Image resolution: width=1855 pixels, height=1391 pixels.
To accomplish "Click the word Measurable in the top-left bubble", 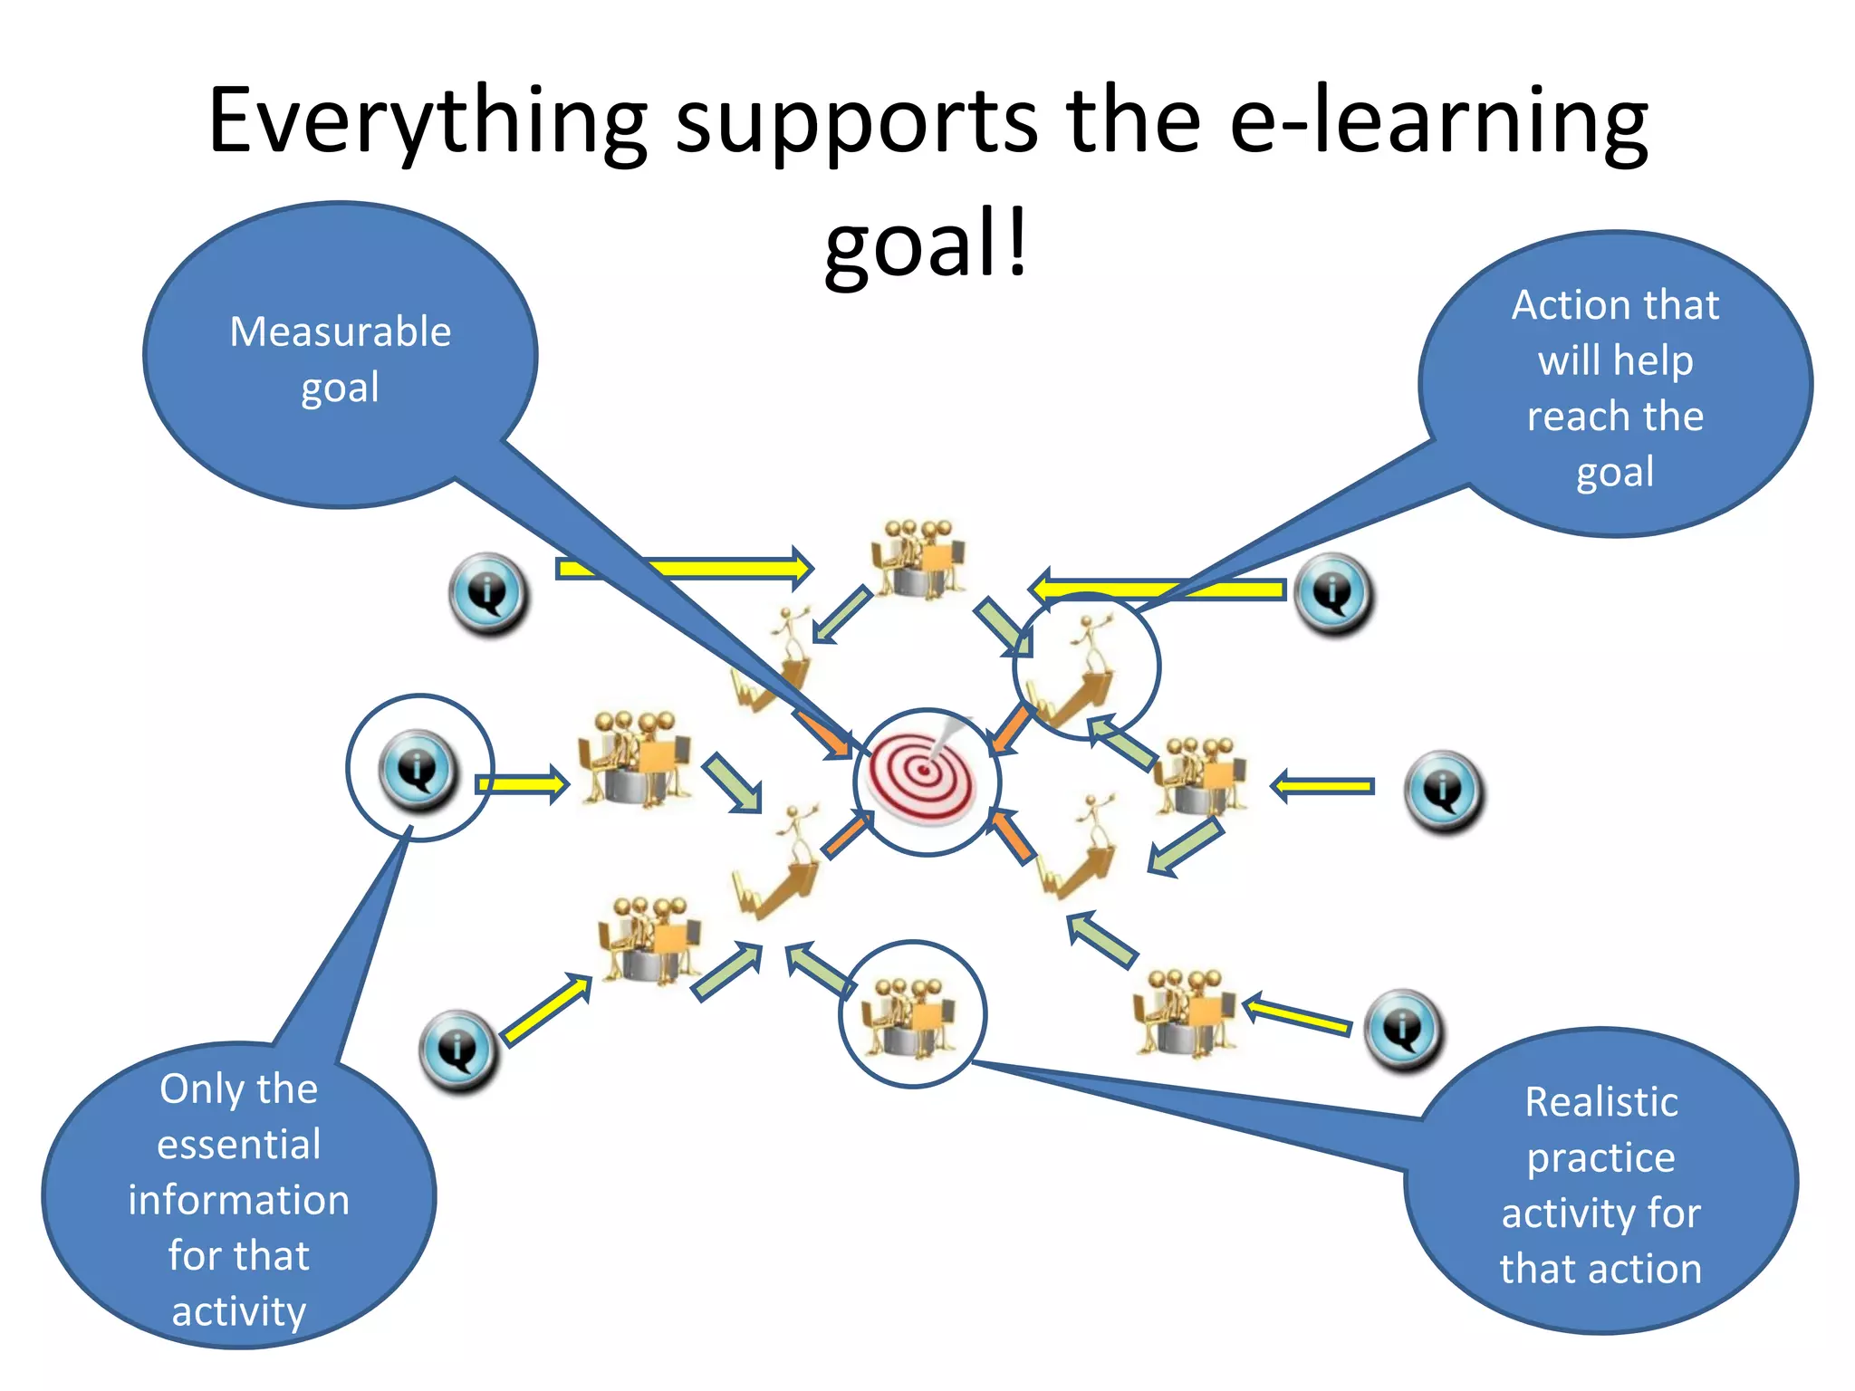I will pyautogui.click(x=340, y=331).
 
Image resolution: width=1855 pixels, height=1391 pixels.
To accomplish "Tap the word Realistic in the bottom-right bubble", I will pyautogui.click(x=1600, y=1102).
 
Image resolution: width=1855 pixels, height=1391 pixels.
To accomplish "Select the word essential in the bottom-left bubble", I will pyautogui.click(x=239, y=1145).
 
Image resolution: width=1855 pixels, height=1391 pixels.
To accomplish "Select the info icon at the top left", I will pyautogui.click(x=488, y=593).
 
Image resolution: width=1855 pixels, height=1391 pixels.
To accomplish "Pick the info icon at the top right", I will pyautogui.click(x=1333, y=593).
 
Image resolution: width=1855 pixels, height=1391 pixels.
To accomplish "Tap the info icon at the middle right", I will pyautogui.click(x=1444, y=791).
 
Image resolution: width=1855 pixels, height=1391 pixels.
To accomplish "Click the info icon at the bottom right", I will pyautogui.click(x=1403, y=1030).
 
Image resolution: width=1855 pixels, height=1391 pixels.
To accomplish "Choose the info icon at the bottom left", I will pyautogui.click(x=458, y=1050).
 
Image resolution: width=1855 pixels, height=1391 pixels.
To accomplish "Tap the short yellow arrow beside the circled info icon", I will pyautogui.click(x=523, y=782).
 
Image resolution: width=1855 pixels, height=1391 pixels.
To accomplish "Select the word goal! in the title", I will pyautogui.click(x=926, y=243).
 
